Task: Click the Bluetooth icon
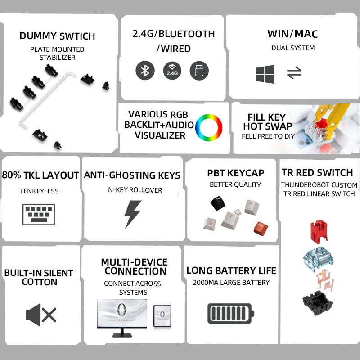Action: click(x=145, y=71)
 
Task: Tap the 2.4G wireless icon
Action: click(x=172, y=71)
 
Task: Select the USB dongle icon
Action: click(x=199, y=71)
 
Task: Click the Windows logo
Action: click(x=265, y=74)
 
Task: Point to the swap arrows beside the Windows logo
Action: click(x=294, y=73)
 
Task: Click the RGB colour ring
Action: click(x=209, y=127)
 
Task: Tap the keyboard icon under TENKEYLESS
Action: click(x=39, y=215)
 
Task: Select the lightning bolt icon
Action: click(x=132, y=214)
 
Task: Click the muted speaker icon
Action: click(x=41, y=315)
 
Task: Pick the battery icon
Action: click(x=231, y=313)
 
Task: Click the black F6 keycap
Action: click(x=218, y=203)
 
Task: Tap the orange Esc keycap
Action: click(x=261, y=229)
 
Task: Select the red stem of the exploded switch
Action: click(x=319, y=231)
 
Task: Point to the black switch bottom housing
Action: click(x=318, y=303)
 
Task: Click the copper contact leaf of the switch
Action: click(x=325, y=280)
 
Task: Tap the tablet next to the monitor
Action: click(x=162, y=316)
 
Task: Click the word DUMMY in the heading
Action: click(x=38, y=36)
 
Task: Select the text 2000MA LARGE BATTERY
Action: click(x=231, y=283)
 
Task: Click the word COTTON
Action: click(x=40, y=282)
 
